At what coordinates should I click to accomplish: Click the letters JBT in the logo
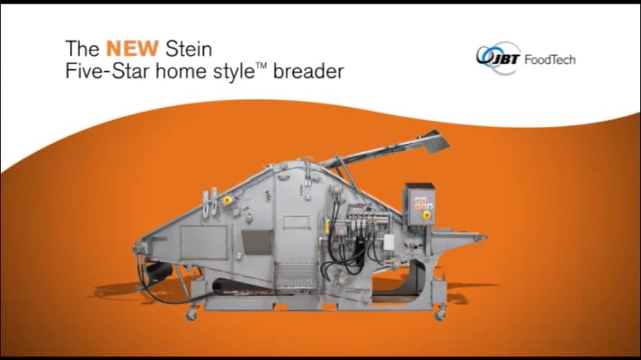click(x=505, y=59)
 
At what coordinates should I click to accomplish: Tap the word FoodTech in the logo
click(x=549, y=60)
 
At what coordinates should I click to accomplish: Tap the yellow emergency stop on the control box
click(x=426, y=214)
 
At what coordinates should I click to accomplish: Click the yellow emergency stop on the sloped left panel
click(x=229, y=199)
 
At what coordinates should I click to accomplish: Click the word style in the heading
click(x=234, y=72)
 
